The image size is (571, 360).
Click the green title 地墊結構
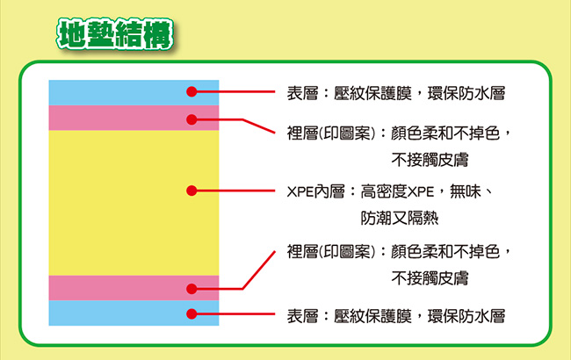point(115,34)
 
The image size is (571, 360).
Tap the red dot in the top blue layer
point(192,91)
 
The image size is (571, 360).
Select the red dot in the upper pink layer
point(192,119)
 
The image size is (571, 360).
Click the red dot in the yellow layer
point(192,191)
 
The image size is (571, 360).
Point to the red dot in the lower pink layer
point(192,289)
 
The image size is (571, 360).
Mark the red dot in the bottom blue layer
point(192,313)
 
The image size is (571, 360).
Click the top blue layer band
point(134,92)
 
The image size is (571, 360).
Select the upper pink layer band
point(134,118)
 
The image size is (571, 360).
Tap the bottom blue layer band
point(134,313)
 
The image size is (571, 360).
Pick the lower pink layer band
point(134,288)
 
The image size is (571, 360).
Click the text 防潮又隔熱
point(400,218)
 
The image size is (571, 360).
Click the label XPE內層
point(315,191)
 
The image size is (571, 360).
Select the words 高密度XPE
point(397,191)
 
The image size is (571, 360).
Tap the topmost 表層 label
point(302,93)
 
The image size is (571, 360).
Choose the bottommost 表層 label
point(302,316)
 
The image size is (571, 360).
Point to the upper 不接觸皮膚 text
point(430,160)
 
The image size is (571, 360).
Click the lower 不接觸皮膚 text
point(430,278)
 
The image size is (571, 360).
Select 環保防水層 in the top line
point(466,93)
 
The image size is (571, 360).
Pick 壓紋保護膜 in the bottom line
point(372,316)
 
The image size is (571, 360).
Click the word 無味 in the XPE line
point(466,191)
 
